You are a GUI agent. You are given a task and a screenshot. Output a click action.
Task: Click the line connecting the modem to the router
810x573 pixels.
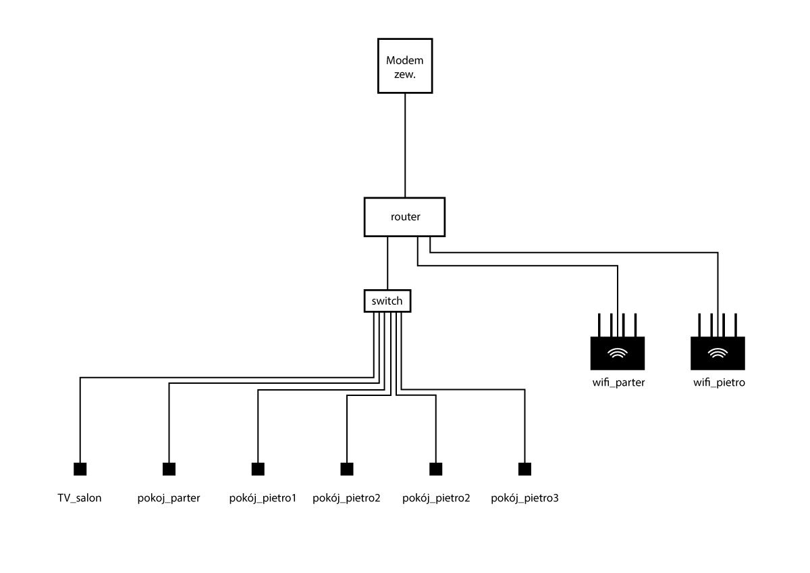pos(405,145)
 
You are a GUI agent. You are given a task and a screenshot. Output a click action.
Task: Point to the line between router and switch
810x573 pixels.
pos(387,263)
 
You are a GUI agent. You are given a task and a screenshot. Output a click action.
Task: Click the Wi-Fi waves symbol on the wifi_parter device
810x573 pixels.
pos(618,353)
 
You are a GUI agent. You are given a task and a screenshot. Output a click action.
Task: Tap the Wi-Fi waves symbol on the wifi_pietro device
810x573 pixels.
pos(718,353)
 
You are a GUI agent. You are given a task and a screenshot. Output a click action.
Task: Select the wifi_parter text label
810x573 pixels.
pos(618,382)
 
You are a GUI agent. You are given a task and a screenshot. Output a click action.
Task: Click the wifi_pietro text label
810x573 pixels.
pos(720,382)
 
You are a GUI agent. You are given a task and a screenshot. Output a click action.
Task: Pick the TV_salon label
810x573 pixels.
pos(80,498)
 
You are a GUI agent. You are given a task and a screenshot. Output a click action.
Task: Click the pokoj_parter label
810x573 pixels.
pos(169,499)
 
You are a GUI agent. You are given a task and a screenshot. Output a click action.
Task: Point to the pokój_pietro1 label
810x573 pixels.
pos(263,499)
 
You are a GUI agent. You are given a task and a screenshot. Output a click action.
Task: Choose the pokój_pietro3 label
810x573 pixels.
pos(524,499)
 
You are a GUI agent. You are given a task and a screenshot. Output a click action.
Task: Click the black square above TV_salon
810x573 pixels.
pos(80,469)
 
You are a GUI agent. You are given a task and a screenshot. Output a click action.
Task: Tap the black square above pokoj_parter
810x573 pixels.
pos(169,469)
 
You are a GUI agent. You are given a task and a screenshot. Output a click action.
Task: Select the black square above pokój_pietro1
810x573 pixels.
pos(258,469)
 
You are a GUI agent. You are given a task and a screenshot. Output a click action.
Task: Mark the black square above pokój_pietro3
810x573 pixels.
pos(524,469)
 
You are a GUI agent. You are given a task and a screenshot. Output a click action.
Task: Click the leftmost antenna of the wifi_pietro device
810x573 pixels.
pos(699,325)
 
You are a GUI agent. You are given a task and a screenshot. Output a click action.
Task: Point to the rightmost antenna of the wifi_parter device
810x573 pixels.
pos(636,325)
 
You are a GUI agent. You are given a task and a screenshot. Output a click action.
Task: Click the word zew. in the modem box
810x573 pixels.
pos(405,74)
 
